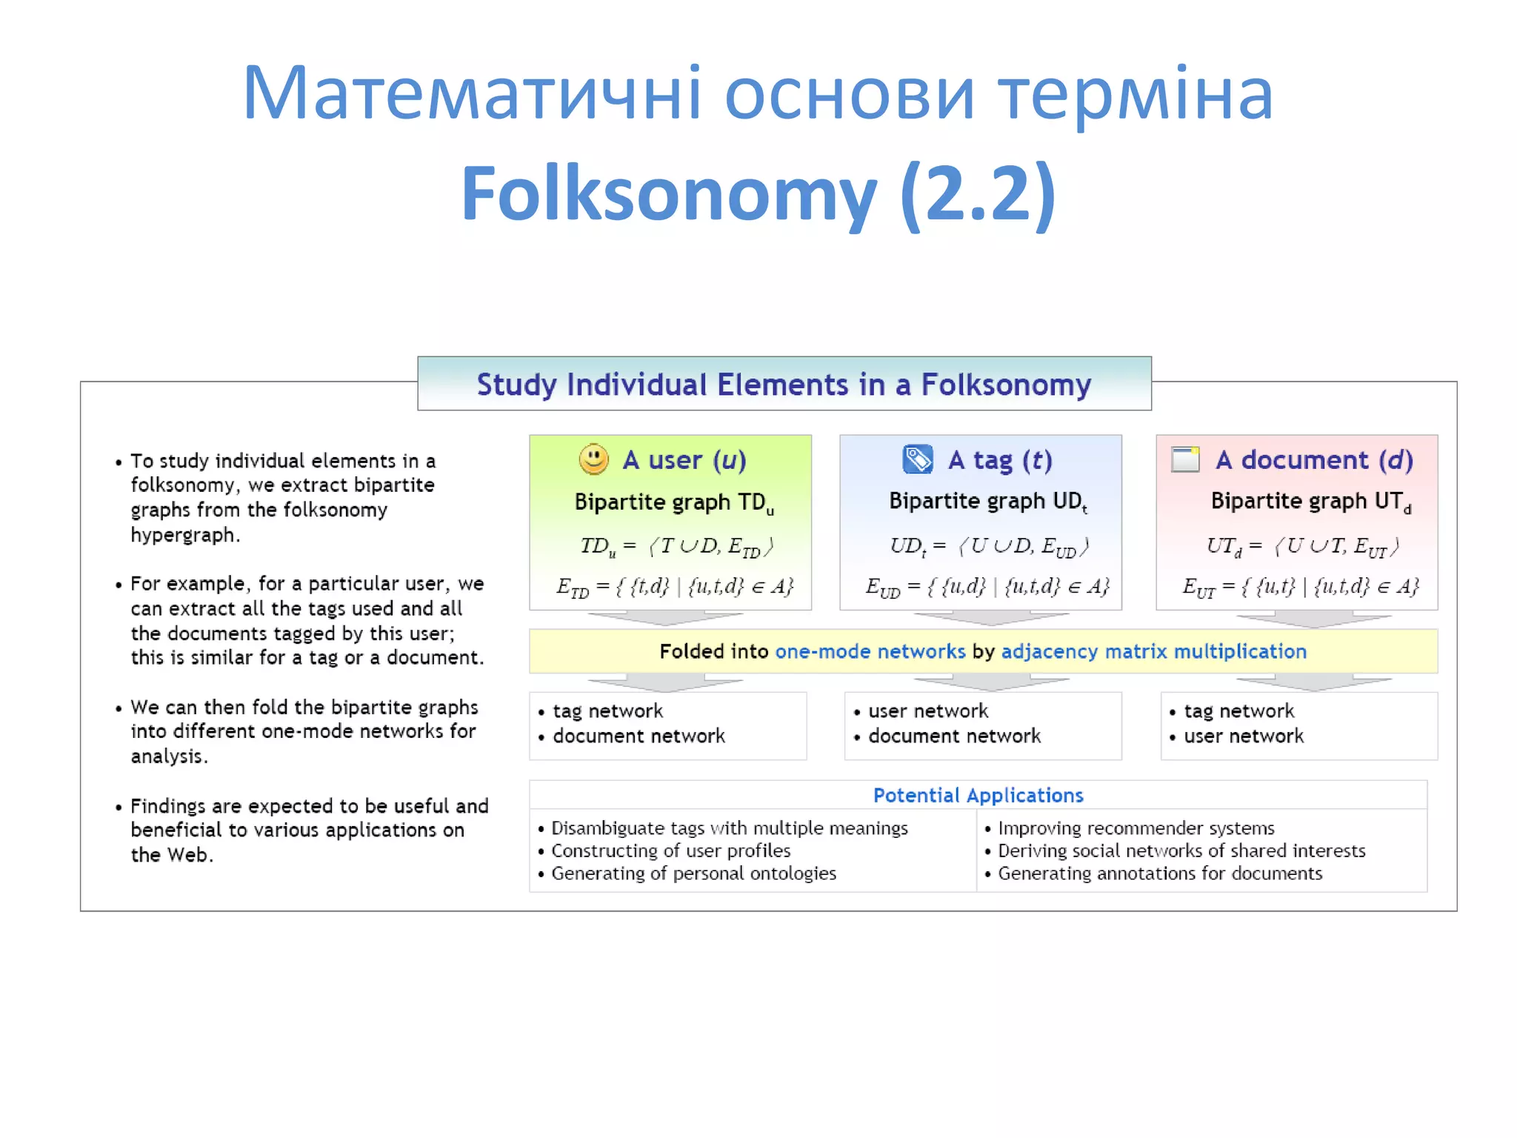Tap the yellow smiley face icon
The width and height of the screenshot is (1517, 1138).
[593, 459]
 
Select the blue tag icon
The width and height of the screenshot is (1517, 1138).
[918, 459]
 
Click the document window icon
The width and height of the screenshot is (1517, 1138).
[1185, 459]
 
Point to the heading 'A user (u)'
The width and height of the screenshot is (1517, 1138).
[684, 460]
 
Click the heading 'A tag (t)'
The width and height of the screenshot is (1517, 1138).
[1000, 460]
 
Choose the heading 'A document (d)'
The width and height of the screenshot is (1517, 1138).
[1314, 460]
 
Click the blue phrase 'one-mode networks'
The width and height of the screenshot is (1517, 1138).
[870, 651]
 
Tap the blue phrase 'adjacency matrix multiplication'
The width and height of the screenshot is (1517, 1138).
[1153, 651]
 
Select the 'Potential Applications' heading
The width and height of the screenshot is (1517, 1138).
[978, 795]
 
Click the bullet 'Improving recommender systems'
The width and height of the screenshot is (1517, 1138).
[1136, 828]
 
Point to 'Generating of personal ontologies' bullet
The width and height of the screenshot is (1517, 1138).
[693, 874]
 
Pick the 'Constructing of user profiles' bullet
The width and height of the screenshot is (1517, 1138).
[670, 851]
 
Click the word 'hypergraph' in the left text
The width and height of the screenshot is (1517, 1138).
[184, 535]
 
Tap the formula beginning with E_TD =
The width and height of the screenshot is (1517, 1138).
[675, 588]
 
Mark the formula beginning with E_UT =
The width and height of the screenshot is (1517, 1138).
[1300, 588]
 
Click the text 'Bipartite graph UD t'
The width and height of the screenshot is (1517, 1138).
[987, 502]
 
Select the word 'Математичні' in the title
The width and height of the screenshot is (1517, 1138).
[471, 94]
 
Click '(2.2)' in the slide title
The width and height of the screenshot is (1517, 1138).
[978, 194]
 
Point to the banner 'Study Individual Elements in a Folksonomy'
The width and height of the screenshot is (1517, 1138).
[784, 385]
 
